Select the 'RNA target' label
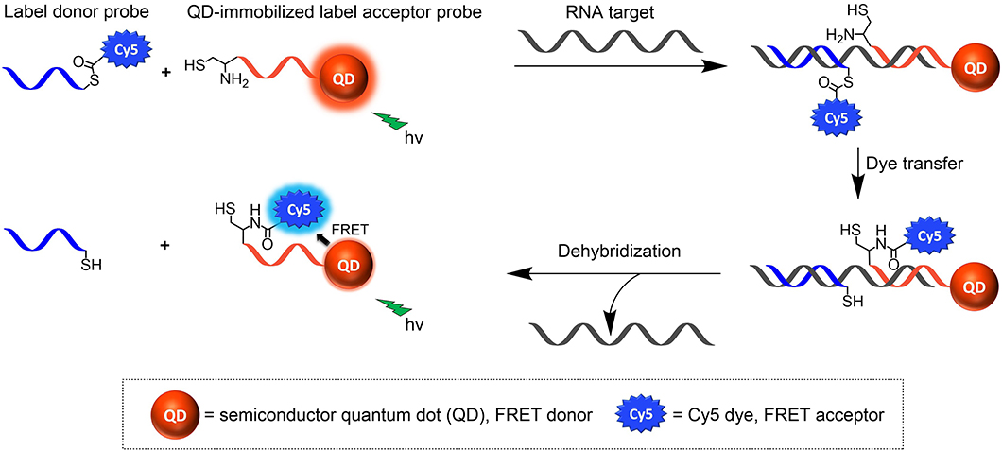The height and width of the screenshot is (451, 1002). (605, 13)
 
